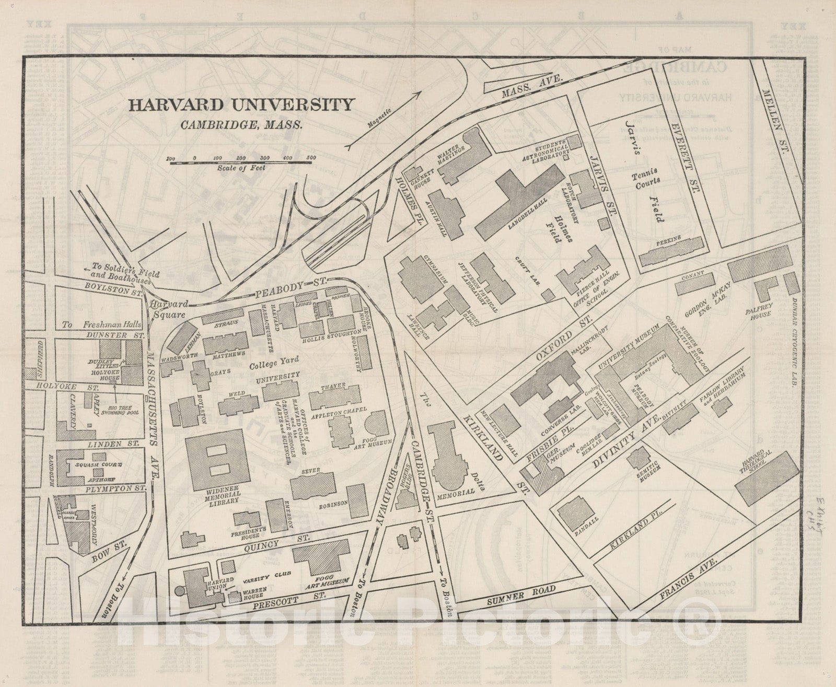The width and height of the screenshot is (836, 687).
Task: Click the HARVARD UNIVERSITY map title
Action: click(x=241, y=105)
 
